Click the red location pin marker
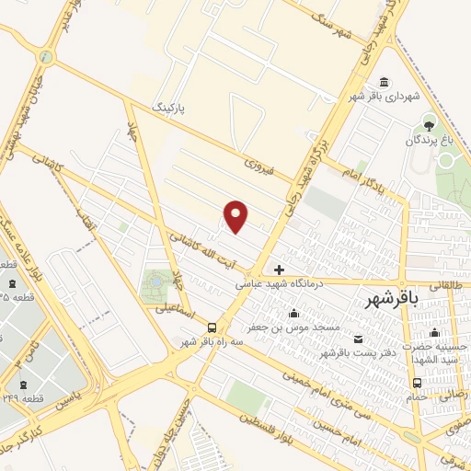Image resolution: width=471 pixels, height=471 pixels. pyautogui.click(x=236, y=216)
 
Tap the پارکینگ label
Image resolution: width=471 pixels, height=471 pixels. pyautogui.click(x=168, y=108)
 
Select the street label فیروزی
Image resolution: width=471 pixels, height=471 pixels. pyautogui.click(x=260, y=166)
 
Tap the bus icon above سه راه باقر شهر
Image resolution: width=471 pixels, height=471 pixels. pyautogui.click(x=213, y=327)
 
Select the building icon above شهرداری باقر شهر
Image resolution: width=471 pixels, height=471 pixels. pyautogui.click(x=384, y=81)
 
